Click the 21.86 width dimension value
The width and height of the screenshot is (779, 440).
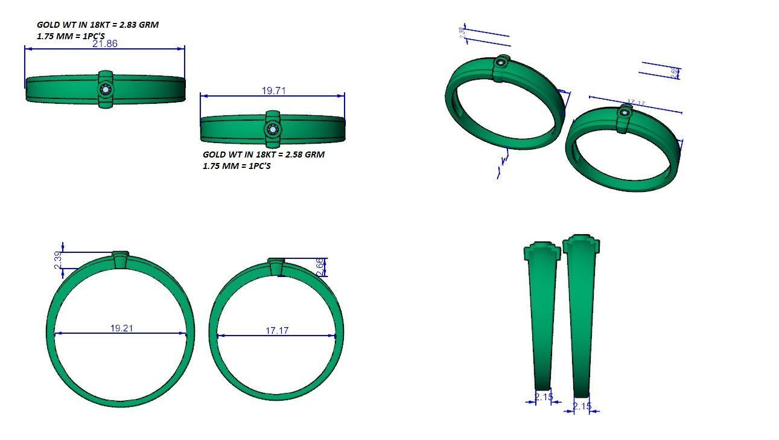point(105,43)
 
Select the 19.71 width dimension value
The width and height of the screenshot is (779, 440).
point(273,91)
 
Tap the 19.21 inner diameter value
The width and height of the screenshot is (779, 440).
point(121,328)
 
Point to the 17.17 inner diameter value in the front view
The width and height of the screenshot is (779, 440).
point(277,331)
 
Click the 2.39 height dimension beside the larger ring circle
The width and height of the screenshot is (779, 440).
point(58,260)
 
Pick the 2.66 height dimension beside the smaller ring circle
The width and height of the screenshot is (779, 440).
point(320,267)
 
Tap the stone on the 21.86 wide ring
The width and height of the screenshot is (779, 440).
point(106,90)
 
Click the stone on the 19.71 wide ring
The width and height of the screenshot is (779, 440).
point(273,130)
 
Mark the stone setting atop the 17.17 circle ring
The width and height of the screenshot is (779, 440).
point(277,266)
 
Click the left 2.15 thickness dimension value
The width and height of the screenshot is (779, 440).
point(544,397)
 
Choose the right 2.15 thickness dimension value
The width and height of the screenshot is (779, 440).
point(582,406)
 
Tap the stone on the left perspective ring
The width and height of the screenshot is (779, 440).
point(501,62)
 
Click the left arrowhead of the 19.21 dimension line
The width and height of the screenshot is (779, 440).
point(57,333)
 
